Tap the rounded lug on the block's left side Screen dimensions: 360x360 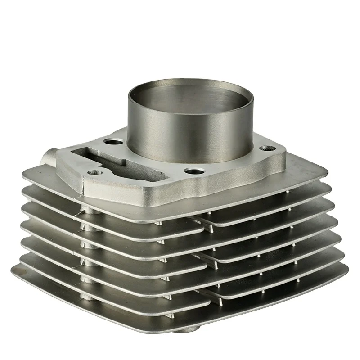(x=49, y=158)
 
